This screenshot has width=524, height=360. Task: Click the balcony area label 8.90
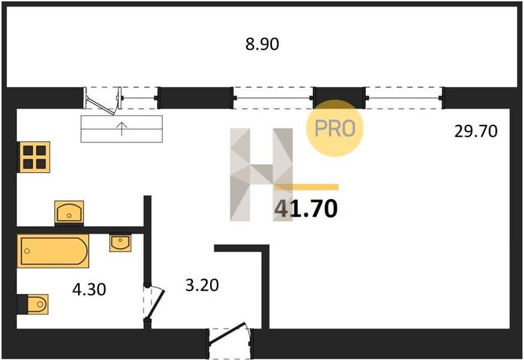[x=262, y=44]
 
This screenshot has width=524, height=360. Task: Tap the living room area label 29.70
[x=475, y=131]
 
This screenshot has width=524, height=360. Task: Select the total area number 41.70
[x=306, y=209]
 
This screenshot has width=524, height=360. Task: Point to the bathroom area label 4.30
[x=89, y=290]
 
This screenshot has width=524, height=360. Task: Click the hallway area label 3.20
[x=202, y=285]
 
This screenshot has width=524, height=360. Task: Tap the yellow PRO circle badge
[x=335, y=128]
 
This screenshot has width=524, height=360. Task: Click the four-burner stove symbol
[x=34, y=157]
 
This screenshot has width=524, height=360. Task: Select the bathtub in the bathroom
[x=53, y=251]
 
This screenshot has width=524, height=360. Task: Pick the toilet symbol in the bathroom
[x=33, y=304]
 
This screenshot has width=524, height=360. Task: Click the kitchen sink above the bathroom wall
[x=69, y=212]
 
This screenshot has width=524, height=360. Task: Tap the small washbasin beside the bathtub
[x=120, y=242]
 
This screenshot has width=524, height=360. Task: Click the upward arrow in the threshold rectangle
[x=121, y=128]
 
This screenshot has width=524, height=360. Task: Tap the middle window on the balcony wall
[x=273, y=97]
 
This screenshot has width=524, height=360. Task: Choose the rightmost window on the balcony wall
[x=403, y=97]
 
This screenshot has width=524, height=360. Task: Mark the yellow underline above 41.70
[x=307, y=187]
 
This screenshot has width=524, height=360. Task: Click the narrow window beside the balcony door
[x=139, y=97]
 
